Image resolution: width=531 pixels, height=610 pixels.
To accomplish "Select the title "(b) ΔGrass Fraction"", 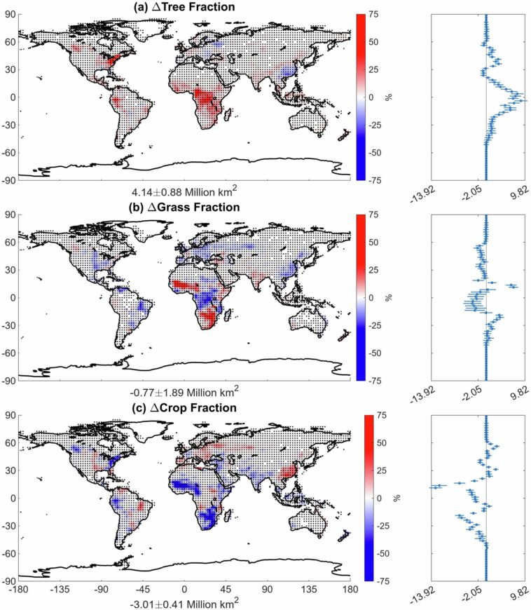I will pyautogui.click(x=184, y=207).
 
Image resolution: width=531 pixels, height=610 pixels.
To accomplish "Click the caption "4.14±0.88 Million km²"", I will pyautogui.click(x=184, y=191).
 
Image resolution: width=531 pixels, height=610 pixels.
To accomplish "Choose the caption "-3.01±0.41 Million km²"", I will pyautogui.click(x=184, y=602).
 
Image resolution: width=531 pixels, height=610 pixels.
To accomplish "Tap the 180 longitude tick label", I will pyautogui.click(x=350, y=590).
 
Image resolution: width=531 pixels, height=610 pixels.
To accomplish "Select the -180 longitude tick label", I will pyautogui.click(x=18, y=590).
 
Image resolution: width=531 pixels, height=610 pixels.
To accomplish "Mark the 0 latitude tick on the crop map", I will pyautogui.click(x=11, y=498).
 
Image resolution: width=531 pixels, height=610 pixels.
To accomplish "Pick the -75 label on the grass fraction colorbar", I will pyautogui.click(x=374, y=380).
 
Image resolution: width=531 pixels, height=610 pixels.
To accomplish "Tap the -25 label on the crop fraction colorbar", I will pyautogui.click(x=375, y=526).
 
